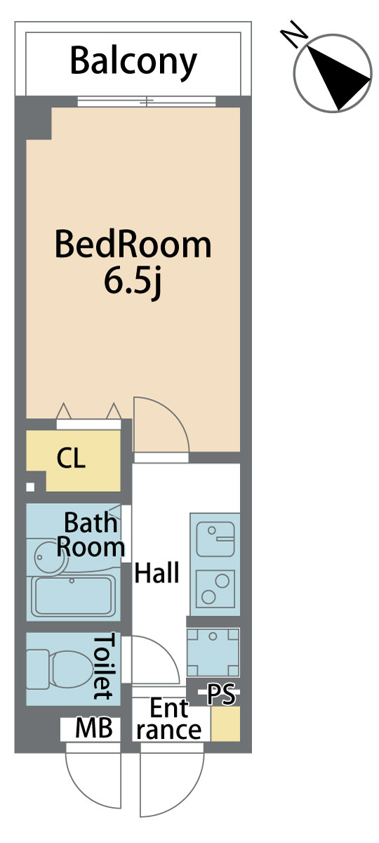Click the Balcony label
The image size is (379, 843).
tap(133, 62)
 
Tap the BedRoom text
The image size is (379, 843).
tap(133, 244)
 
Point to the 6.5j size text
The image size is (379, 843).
tap(133, 283)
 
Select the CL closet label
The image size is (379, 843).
tap(71, 458)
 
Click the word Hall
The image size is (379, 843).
tap(157, 573)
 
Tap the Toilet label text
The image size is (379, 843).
tap(102, 667)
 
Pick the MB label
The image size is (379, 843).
tap(94, 728)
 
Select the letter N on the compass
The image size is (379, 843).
tap(294, 34)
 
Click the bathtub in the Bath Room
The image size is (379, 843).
tap(72, 596)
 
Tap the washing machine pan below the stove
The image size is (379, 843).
tap(213, 652)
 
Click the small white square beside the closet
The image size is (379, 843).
tap(30, 488)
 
